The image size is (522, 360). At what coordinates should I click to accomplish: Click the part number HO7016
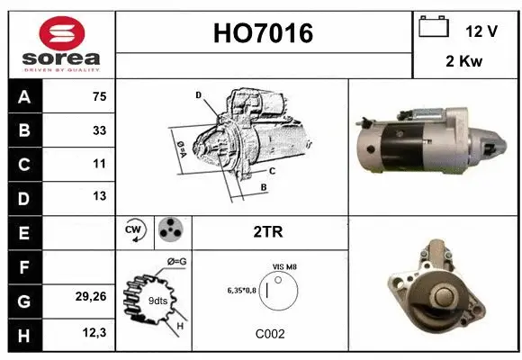click(x=264, y=33)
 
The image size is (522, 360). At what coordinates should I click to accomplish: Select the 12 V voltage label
click(x=481, y=31)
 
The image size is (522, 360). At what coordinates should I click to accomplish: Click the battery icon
click(x=434, y=28)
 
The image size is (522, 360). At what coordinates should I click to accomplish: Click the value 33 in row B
click(x=98, y=130)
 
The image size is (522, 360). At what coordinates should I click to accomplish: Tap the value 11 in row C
click(x=98, y=164)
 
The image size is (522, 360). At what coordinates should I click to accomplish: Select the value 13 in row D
click(x=98, y=196)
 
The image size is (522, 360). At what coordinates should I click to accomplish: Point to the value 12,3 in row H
click(x=94, y=334)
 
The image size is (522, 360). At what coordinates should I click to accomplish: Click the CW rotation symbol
click(x=135, y=230)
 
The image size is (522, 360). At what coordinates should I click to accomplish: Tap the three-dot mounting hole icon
click(x=170, y=230)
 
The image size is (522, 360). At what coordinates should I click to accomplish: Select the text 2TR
click(x=269, y=232)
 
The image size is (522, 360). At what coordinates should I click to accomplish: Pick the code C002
click(x=270, y=334)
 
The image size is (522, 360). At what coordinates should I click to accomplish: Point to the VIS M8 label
click(x=283, y=267)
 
